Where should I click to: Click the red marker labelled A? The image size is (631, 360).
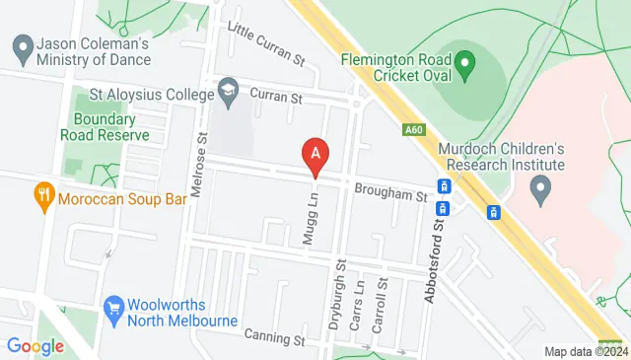[315, 155]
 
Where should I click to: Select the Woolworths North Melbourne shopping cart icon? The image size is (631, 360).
[113, 308]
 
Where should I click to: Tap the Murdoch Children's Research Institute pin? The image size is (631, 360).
[539, 185]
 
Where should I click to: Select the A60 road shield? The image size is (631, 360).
[414, 127]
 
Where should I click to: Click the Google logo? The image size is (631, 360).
[35, 346]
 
